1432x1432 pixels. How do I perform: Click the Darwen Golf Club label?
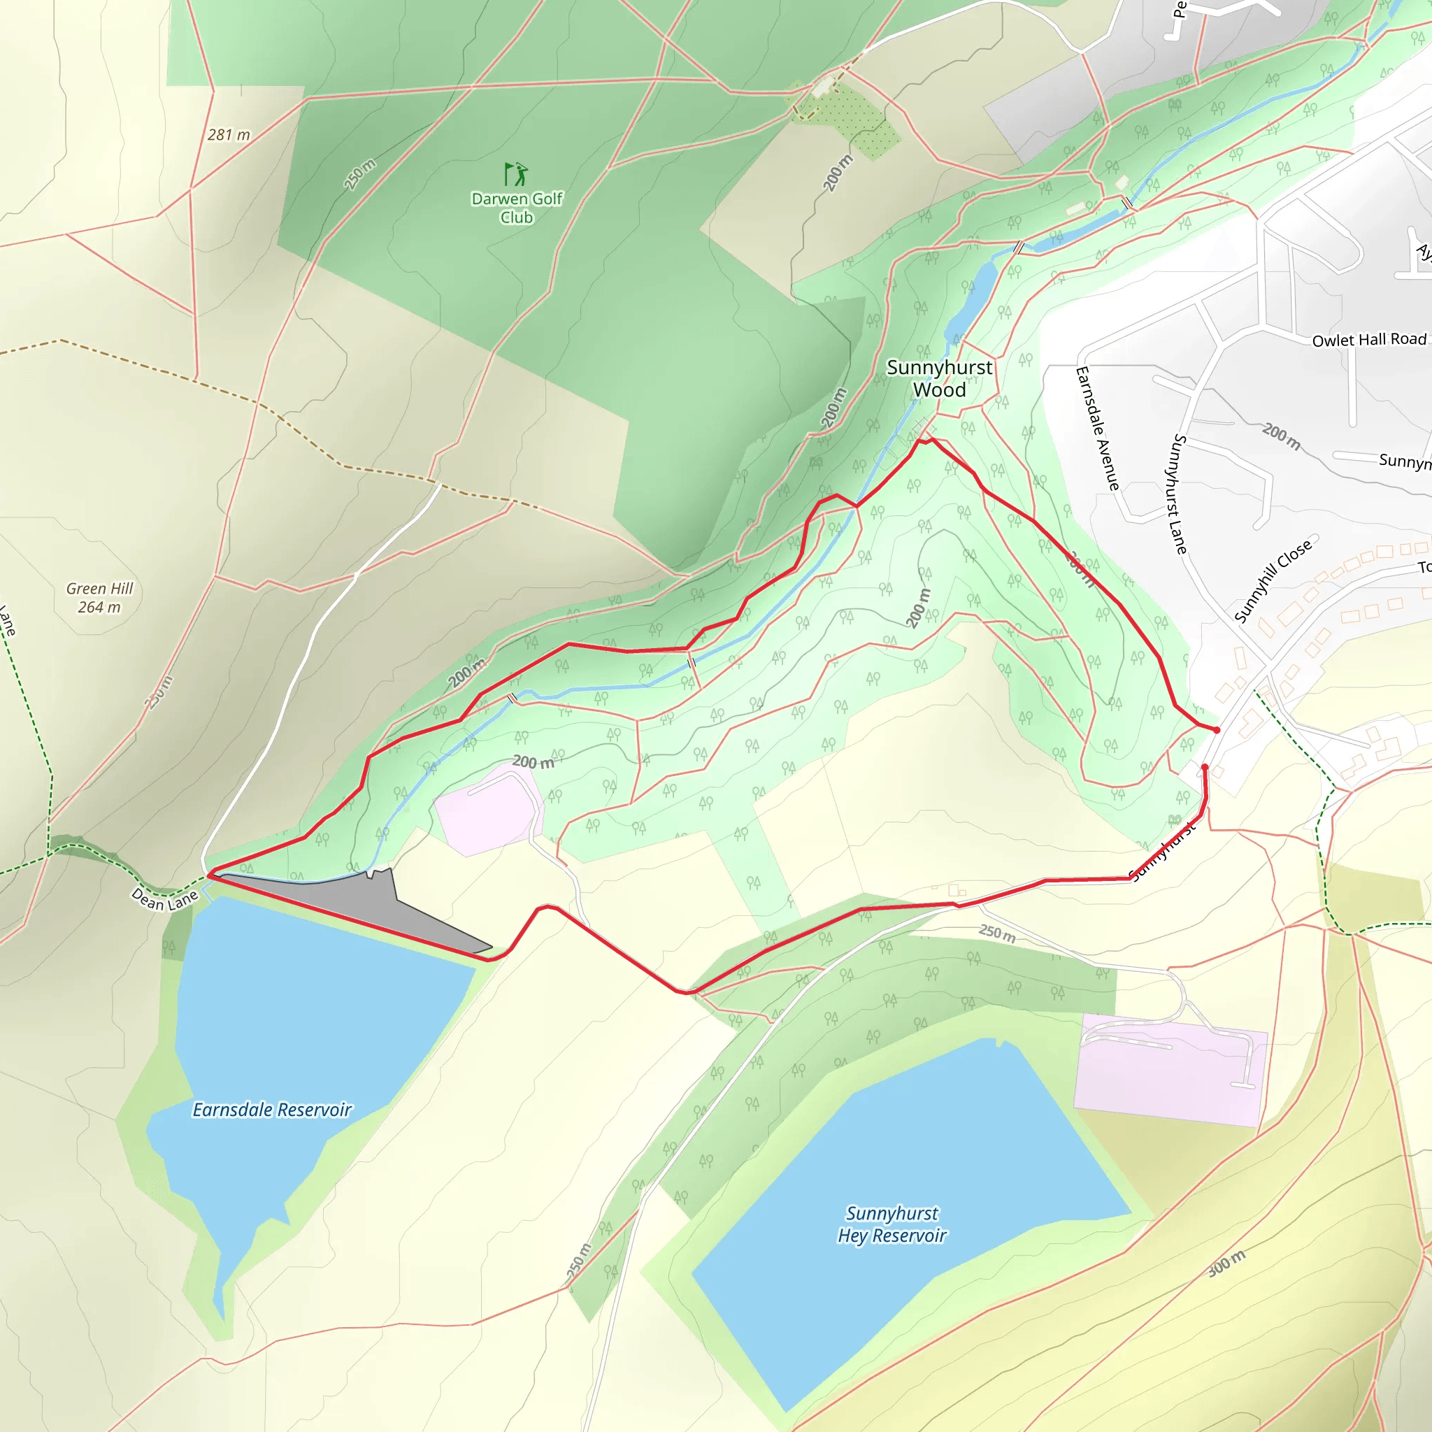(517, 208)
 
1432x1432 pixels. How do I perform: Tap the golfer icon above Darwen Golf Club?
(516, 174)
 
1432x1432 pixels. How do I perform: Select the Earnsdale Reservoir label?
(272, 1110)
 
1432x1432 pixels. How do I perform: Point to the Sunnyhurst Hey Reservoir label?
(892, 1224)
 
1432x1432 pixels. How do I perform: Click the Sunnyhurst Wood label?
(939, 378)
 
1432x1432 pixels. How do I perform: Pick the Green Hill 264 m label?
(99, 597)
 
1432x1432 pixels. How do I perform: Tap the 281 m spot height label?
(228, 135)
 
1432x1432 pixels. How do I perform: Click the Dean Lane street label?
(164, 898)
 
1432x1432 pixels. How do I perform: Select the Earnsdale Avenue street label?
(1097, 428)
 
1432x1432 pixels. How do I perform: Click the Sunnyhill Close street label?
(1273, 580)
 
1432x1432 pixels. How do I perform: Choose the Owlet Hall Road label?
(1369, 339)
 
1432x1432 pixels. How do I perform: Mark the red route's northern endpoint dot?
(1217, 730)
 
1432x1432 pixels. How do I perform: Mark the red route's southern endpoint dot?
(1205, 767)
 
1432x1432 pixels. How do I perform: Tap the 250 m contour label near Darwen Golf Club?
(359, 174)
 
